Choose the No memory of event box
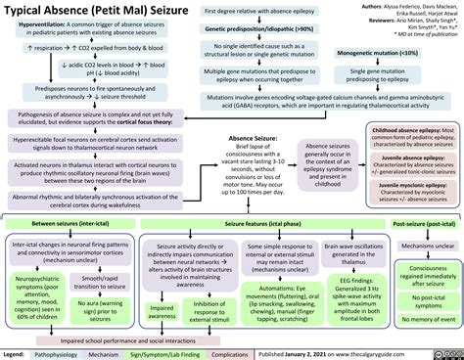point(423,321)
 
